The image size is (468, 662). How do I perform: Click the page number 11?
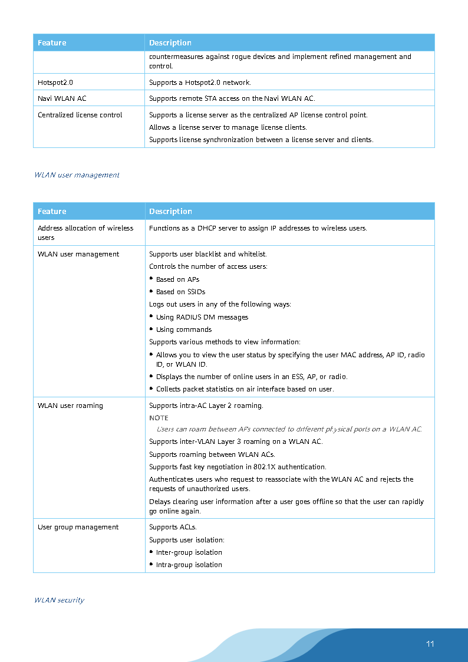430,644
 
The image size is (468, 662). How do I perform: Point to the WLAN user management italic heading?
77,175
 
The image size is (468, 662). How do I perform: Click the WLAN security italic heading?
59,600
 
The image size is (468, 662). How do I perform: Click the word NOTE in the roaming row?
159,418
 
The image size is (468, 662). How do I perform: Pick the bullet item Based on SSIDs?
180,292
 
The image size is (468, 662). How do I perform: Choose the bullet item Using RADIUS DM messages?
202,317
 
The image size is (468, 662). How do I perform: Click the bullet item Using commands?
183,330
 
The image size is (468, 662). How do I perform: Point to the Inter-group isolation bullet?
189,552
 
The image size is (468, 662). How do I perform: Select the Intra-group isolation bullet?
189,565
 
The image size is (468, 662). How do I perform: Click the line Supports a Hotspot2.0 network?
200,82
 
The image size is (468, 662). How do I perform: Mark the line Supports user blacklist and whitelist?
207,254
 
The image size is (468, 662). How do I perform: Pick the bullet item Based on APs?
177,279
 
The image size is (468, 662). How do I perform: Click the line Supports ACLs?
173,527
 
